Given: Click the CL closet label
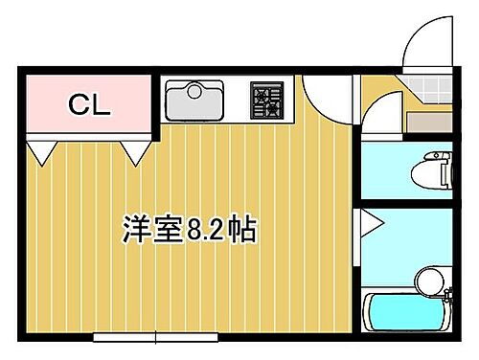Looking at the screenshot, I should point(89,105).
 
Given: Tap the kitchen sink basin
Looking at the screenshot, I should point(194,100).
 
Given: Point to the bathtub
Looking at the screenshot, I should point(407,314).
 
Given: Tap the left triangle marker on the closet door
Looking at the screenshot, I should point(42,150).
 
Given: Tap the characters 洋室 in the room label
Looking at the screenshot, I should point(154,229).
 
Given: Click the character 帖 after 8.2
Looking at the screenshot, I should point(245,229).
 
